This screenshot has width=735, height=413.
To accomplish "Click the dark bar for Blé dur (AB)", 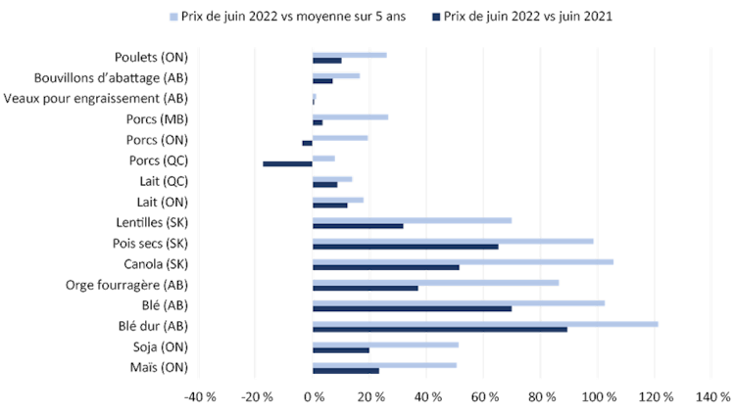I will tap(440, 329).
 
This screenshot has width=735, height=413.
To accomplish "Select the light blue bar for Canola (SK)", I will tap(464, 261).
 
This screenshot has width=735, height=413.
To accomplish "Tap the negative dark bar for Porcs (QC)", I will tap(287, 163).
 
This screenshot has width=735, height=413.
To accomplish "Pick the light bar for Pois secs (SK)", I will tap(454, 241).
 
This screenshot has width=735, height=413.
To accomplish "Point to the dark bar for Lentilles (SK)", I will tap(358, 226).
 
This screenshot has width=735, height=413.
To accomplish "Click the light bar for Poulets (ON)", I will tap(349, 55).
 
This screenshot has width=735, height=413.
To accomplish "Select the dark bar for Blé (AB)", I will tap(412, 308).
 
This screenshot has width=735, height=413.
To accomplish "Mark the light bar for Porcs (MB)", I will tap(350, 116).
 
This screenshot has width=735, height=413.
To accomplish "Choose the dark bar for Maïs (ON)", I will tap(346, 371).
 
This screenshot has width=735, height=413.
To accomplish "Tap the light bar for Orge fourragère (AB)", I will tap(436, 282).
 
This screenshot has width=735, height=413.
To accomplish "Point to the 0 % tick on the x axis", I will tap(313, 396).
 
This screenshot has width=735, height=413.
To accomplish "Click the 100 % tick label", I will tap(599, 396).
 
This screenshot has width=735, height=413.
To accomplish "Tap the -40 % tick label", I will tap(199, 396).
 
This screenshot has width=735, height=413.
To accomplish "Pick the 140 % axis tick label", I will tap(713, 396).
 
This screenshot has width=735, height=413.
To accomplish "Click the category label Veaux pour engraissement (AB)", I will tap(95, 98).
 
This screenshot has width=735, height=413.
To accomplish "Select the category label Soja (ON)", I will tap(160, 346).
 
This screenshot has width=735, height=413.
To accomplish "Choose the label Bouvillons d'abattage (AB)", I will tap(111, 77).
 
